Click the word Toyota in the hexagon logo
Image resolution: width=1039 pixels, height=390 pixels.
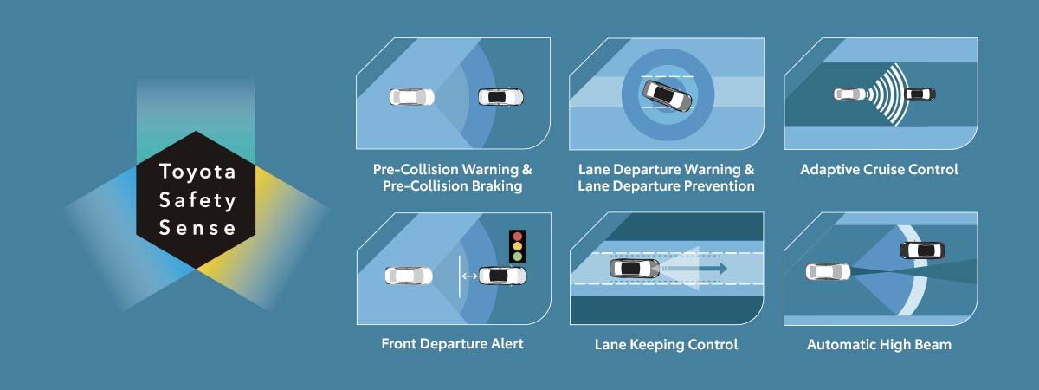[x=197, y=172]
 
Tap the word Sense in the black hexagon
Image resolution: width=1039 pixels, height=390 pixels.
[x=197, y=228]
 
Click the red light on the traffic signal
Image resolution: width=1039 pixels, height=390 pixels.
[x=518, y=237]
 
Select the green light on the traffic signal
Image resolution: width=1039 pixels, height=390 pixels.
[x=518, y=257]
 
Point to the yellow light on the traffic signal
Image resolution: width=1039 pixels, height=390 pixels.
[x=518, y=246]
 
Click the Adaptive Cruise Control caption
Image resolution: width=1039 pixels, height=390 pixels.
[x=879, y=170]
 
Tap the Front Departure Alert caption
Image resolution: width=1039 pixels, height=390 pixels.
[x=452, y=343]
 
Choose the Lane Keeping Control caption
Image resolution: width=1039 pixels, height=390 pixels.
[x=666, y=345]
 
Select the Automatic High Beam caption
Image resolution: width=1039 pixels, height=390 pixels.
[x=879, y=345]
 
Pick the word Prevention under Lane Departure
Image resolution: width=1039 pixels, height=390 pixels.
[x=713, y=186]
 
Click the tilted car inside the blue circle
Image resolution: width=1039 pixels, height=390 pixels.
[x=667, y=95]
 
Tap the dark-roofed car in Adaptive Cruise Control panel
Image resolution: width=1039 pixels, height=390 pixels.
[x=920, y=94]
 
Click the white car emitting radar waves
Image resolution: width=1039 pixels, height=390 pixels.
[x=849, y=94]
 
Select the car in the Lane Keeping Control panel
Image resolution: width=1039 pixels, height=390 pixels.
[x=634, y=269]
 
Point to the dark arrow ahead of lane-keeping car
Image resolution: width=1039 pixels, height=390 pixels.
[x=694, y=269]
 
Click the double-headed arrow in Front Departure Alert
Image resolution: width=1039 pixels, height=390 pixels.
[x=469, y=276]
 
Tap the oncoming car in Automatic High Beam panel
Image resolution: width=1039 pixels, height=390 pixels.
[x=922, y=250]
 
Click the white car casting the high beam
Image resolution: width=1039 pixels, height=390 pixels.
[x=828, y=271]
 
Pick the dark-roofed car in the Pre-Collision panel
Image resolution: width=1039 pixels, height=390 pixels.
[x=501, y=97]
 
